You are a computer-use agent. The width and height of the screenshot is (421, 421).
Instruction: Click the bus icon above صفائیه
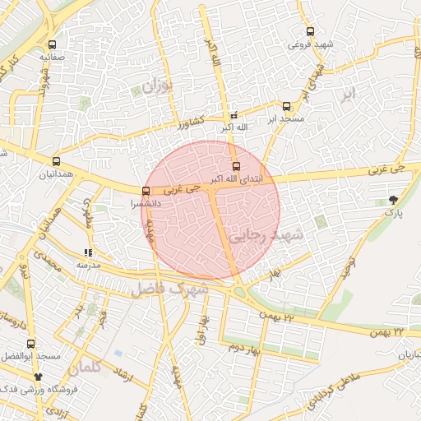53,45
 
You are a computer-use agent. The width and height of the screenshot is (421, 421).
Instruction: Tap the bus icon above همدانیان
56,161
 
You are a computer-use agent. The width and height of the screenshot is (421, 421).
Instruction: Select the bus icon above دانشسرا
146,192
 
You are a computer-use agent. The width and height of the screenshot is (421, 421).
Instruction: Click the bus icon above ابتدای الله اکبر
238,167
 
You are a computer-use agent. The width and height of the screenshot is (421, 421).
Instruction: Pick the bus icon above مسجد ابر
286,106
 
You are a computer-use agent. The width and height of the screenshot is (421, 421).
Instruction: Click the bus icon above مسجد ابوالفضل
31,344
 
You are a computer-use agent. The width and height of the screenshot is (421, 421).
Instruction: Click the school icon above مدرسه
88,253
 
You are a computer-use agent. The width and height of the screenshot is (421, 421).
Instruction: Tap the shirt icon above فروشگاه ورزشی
38,376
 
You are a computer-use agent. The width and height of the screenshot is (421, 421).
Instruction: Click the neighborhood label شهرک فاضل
178,289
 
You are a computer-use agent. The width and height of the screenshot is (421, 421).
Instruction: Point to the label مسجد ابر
285,118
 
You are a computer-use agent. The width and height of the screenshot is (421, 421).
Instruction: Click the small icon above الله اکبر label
234,115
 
